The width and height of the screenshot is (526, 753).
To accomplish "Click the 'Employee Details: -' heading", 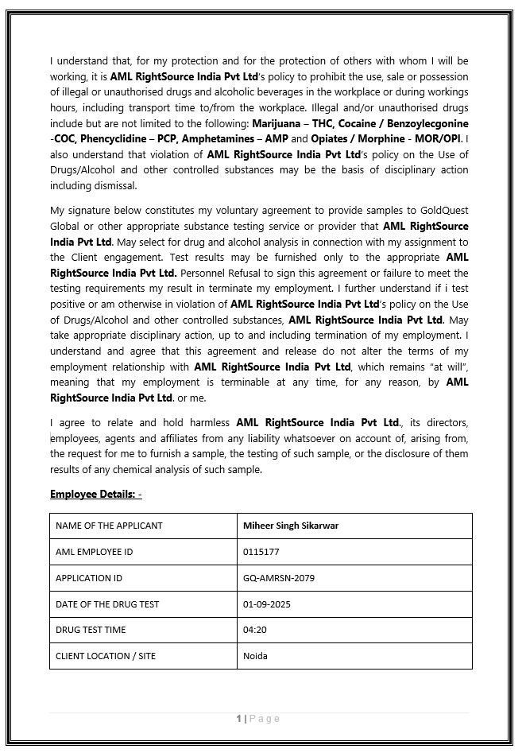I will click(x=95, y=494).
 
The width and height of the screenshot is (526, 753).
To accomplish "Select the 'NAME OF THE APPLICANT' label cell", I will click(x=109, y=526).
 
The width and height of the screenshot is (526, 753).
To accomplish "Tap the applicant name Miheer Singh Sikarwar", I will click(x=291, y=526).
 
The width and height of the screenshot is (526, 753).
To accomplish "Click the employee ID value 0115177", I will click(x=261, y=552).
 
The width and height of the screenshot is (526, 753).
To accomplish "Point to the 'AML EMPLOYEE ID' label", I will click(x=94, y=552).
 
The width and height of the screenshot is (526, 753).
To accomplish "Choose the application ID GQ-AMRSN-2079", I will click(x=278, y=578).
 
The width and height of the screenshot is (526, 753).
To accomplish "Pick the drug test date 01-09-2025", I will click(x=266, y=604).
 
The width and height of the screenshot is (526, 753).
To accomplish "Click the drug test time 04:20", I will click(x=254, y=630).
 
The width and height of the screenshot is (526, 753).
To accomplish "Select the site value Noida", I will click(x=255, y=656).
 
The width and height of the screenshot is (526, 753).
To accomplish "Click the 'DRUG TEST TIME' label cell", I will click(x=91, y=630).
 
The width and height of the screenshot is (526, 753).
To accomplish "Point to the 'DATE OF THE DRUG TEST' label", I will click(x=107, y=604).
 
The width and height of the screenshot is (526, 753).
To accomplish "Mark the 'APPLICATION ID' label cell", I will click(x=89, y=578).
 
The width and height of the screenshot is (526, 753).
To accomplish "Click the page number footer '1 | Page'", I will click(x=258, y=719).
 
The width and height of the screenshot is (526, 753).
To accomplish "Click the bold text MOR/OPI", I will click(x=439, y=139).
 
